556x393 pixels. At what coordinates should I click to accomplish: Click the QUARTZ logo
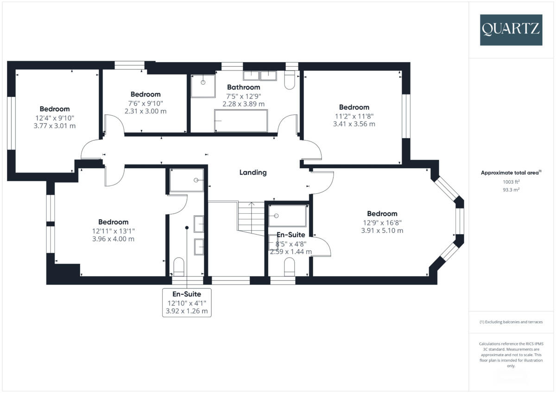pos(511,29)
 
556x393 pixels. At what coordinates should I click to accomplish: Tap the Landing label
pos(253,172)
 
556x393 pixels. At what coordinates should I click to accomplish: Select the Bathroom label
pos(243,87)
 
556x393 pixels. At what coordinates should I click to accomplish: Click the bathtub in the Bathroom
pos(240,120)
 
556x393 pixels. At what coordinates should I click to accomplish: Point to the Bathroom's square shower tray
pos(203,86)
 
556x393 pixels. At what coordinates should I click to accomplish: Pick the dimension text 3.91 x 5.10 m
pos(382,230)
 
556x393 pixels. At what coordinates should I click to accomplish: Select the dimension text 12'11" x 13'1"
pos(113,231)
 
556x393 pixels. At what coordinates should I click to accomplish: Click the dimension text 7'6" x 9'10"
pos(145,103)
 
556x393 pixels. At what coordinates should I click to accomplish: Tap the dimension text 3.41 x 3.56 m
pos(354,124)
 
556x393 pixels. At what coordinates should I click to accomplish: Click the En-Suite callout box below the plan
pos(187,302)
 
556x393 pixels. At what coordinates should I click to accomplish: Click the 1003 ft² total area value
pos(510,182)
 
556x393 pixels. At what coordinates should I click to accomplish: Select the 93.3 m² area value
pos(510,190)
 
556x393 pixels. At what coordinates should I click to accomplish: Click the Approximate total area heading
pos(510,172)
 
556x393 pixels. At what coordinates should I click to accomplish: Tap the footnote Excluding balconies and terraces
pos(510,322)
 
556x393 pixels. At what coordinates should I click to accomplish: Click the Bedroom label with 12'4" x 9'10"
pos(55,109)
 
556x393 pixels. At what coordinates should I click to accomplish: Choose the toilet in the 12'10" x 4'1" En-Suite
pos(179,267)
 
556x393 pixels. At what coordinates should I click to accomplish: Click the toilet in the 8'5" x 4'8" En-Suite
pos(289,267)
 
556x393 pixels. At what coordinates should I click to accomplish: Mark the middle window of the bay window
pos(459,222)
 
